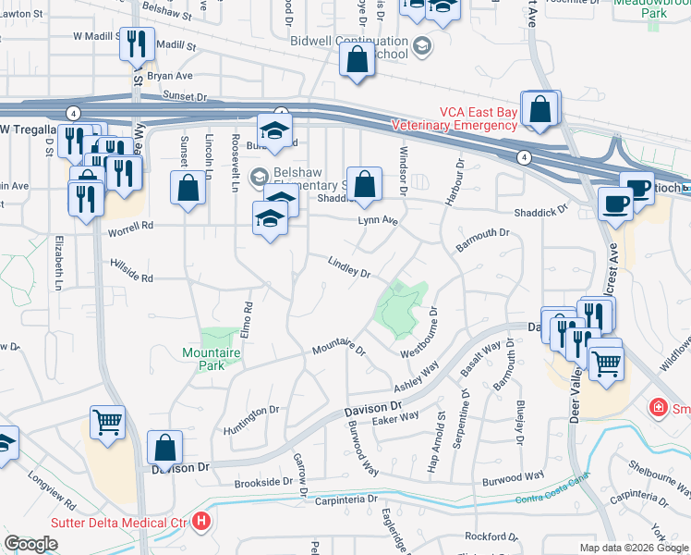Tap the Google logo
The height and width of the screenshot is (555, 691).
[x=30, y=544]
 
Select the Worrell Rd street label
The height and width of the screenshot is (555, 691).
[x=130, y=226]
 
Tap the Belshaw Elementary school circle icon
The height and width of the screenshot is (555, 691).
[x=260, y=176]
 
